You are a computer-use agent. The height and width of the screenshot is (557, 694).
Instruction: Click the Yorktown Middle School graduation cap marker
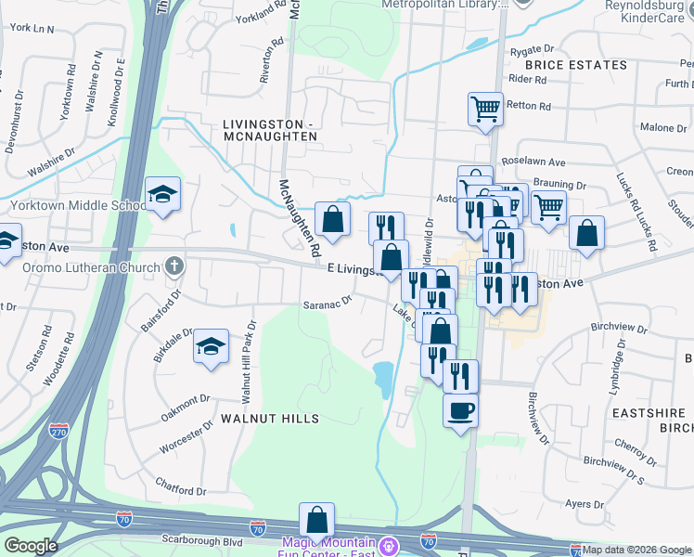(x=163, y=195)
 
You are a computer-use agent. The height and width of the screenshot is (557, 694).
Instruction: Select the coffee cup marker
(x=459, y=409)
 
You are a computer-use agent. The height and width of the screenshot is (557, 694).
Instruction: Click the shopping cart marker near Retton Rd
(x=485, y=109)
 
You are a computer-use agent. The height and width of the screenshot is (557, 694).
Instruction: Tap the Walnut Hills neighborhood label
(x=269, y=419)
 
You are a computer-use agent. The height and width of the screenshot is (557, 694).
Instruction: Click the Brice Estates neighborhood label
(x=575, y=65)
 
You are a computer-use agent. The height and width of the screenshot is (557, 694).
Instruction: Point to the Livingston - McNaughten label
(x=269, y=130)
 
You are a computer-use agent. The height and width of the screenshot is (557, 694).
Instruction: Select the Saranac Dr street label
(x=328, y=301)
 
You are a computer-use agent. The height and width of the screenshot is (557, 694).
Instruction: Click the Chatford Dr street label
(x=180, y=485)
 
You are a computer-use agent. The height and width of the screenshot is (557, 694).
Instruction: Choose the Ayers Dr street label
(x=585, y=504)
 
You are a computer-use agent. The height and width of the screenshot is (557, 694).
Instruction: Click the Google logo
(x=30, y=546)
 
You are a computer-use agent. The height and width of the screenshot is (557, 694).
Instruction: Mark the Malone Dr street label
(x=662, y=127)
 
